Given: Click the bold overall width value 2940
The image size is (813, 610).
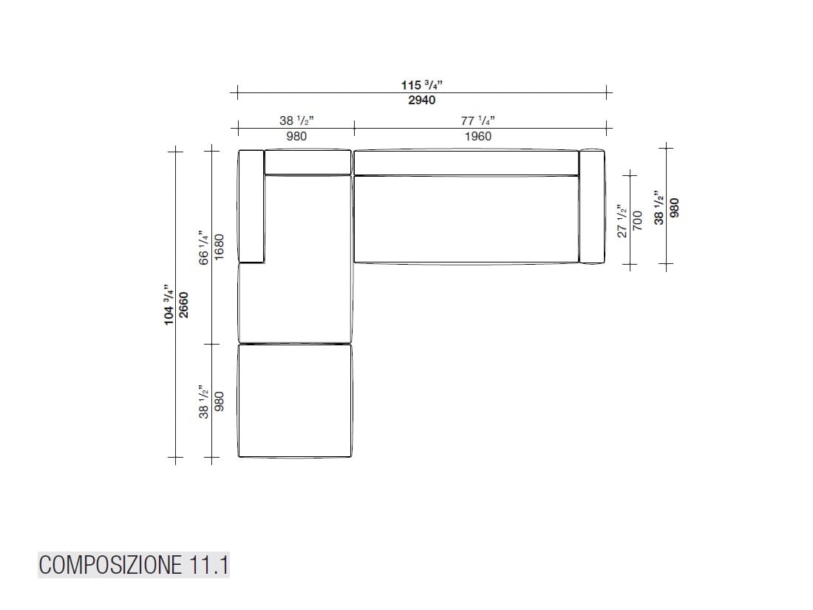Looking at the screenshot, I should tap(421, 100).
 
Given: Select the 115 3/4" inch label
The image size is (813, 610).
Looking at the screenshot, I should tap(421, 85).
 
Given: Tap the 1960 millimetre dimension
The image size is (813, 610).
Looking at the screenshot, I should tap(477, 136).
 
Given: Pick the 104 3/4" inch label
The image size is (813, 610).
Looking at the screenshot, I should tap(169, 305).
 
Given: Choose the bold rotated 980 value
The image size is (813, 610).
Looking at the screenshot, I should tap(673, 207).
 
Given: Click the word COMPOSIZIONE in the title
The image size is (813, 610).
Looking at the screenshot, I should tap(109, 566).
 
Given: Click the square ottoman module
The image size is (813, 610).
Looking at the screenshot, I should tap(294, 401).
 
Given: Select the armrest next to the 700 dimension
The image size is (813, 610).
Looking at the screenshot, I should tap(591, 206).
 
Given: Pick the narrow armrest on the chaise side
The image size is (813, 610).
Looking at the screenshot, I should tap(251, 206).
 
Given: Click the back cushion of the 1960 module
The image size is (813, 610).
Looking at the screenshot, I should tap(466, 163).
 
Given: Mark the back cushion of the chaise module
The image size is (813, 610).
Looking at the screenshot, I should tap(307, 162).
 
